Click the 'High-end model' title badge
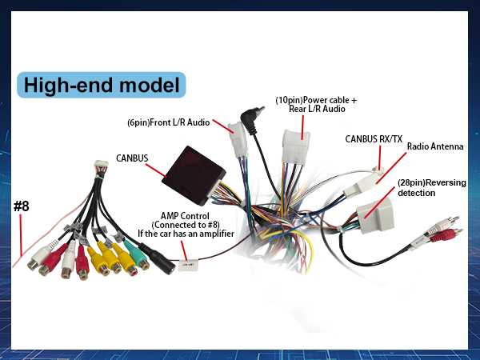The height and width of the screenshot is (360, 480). point(101,85)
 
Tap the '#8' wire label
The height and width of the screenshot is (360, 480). point(21,206)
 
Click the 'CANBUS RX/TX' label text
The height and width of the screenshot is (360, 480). point(374,138)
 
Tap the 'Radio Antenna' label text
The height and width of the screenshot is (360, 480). point(434,147)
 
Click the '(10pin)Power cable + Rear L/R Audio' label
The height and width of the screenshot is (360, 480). point(316,104)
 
